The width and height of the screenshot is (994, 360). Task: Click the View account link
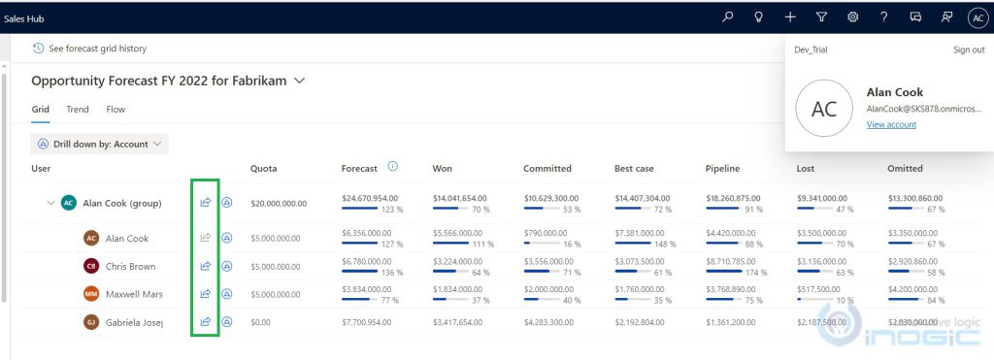890,124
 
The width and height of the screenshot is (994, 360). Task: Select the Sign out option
968,49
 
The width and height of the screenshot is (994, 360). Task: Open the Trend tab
78,110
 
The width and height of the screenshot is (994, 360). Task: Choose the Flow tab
116,110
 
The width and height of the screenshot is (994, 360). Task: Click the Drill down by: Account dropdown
100,144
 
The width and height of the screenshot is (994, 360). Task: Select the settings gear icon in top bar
853,16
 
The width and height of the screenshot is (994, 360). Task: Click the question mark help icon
884,16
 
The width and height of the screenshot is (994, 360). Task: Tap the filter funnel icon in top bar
821,16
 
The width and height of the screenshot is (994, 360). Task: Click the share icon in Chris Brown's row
205,266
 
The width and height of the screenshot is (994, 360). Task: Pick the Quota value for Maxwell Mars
279,294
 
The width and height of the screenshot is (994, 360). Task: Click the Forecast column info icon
393,167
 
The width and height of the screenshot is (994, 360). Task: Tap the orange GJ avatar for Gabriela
91,321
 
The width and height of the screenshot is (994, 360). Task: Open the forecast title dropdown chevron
300,81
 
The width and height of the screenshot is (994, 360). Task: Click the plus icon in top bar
790,16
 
